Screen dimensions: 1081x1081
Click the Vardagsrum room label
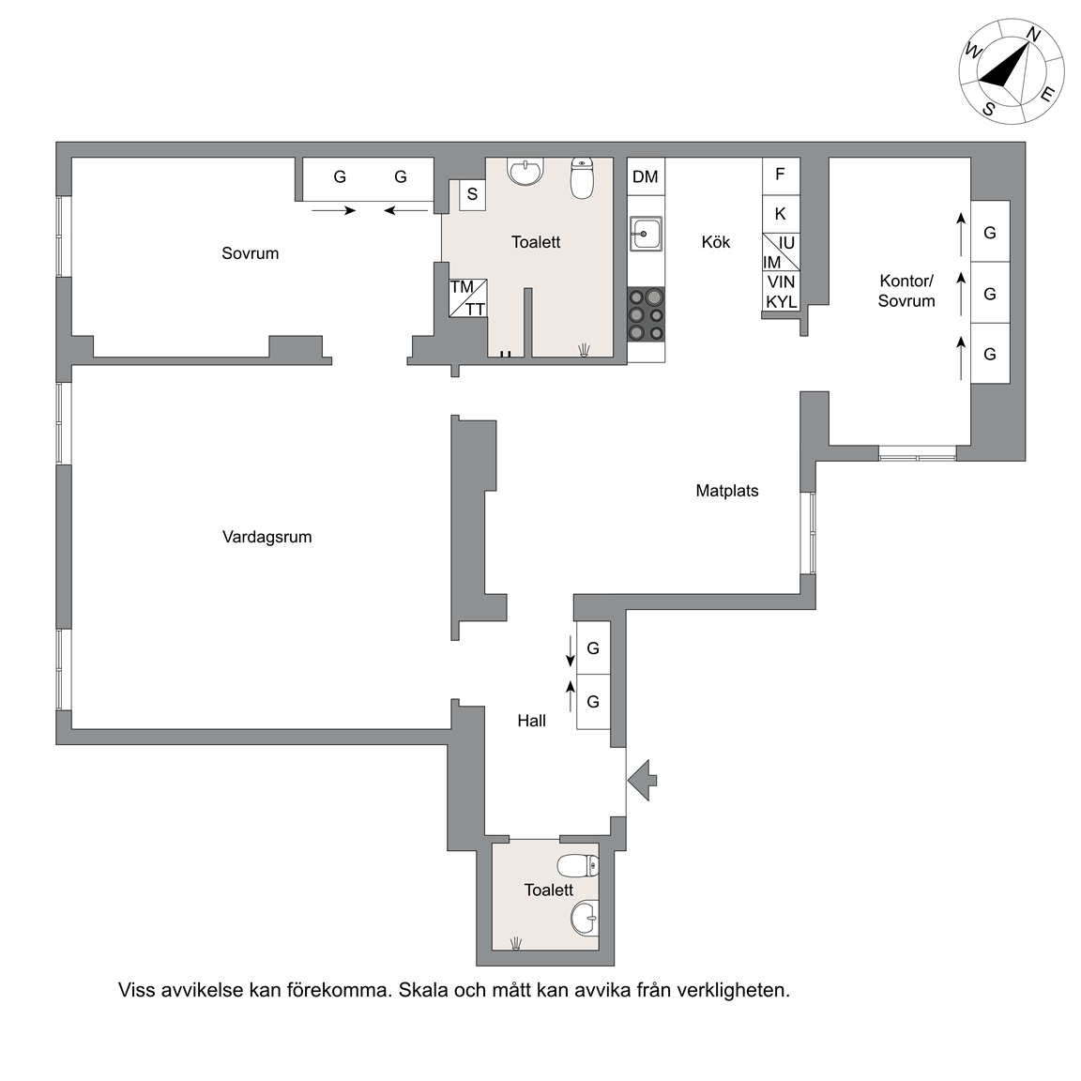point(266,537)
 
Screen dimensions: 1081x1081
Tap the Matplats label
point(726,491)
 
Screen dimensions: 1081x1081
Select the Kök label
point(716,242)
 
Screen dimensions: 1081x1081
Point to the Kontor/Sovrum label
point(906,291)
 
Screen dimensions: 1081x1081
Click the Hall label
point(531,721)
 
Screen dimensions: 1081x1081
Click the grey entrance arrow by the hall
point(643,781)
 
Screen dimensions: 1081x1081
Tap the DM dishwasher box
point(646,176)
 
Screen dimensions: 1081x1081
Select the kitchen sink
point(646,234)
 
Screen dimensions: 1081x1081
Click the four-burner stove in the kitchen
point(646,315)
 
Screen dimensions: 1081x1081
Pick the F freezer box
point(781,175)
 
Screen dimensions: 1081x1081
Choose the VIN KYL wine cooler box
point(781,292)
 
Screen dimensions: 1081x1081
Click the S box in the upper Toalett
point(472,194)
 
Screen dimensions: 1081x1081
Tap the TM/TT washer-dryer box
point(468,297)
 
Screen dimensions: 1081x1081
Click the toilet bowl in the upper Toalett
point(583,178)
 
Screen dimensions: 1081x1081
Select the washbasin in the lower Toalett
point(585,919)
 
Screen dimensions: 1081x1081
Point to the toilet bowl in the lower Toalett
point(578,865)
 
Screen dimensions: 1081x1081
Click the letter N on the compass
point(1033,34)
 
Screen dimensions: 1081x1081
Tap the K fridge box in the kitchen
point(781,214)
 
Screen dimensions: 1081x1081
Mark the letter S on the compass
point(989,109)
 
